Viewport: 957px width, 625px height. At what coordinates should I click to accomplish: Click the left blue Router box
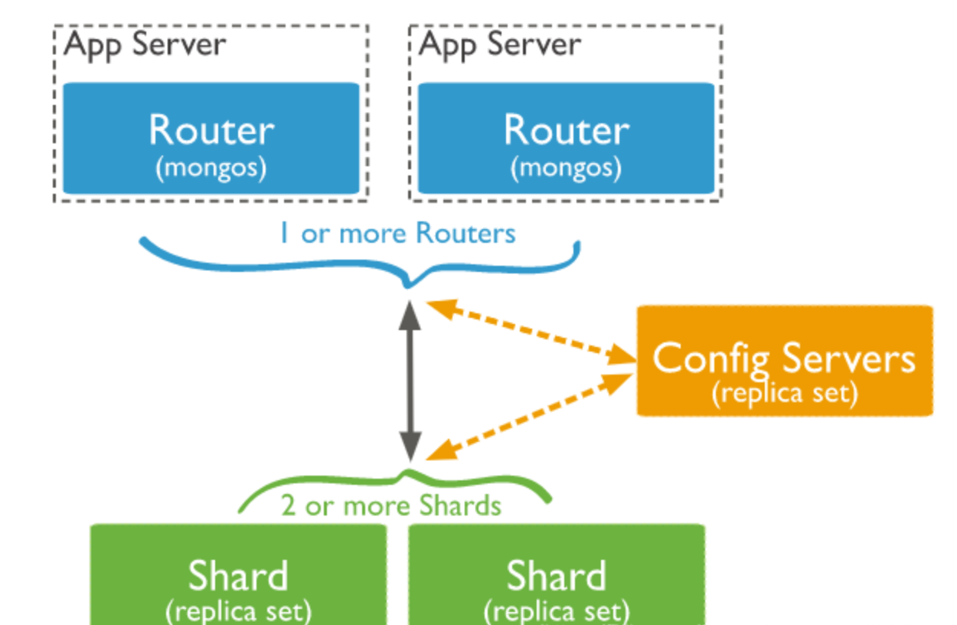pyautogui.click(x=211, y=138)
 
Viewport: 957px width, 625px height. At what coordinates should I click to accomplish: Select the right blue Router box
pyautogui.click(x=566, y=138)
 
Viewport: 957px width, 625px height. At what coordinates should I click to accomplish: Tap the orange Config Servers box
pyautogui.click(x=785, y=360)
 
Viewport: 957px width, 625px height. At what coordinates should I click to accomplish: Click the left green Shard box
pyautogui.click(x=238, y=574)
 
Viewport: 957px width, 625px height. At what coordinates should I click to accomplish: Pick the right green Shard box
pyautogui.click(x=557, y=574)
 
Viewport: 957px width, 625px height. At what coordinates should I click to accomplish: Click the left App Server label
pyautogui.click(x=145, y=44)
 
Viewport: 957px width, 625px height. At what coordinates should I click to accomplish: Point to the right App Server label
pyautogui.click(x=501, y=44)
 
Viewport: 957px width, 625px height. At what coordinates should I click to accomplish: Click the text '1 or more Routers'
pyautogui.click(x=397, y=233)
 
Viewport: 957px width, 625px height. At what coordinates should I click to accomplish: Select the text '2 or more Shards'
pyautogui.click(x=391, y=506)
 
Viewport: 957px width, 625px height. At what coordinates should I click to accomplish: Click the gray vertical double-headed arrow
pyautogui.click(x=411, y=379)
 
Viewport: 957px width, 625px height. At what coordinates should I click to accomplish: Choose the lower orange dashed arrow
pyautogui.click(x=528, y=417)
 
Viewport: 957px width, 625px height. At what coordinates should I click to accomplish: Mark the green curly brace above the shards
pyautogui.click(x=322, y=486)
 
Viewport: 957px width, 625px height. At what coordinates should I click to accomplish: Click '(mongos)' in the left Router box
pyautogui.click(x=211, y=168)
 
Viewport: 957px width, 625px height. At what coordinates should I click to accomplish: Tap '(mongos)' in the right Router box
pyautogui.click(x=566, y=168)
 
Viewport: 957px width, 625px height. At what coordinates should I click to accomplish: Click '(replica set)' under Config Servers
pyautogui.click(x=785, y=393)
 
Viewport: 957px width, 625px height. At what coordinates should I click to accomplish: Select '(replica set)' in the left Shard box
pyautogui.click(x=238, y=611)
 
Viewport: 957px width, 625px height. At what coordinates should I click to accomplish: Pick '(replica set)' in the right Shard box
pyautogui.click(x=557, y=611)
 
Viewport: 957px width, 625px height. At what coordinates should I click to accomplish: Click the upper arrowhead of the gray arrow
pyautogui.click(x=411, y=314)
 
